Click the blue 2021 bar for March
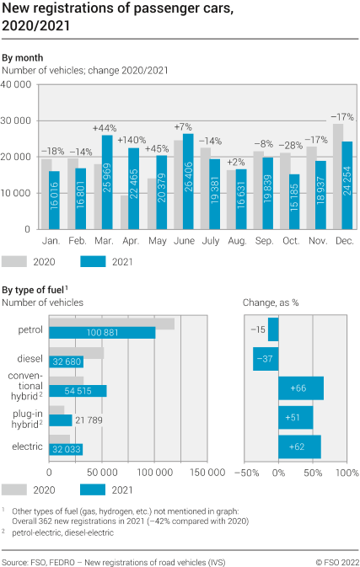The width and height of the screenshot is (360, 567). point(107,182)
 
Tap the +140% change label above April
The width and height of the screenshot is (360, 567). point(132,140)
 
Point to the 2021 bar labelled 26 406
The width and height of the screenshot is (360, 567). point(187,181)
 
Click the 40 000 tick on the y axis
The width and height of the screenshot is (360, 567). point(17,84)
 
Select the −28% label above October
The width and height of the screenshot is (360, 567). point(290,146)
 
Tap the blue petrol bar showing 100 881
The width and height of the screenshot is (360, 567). point(103,332)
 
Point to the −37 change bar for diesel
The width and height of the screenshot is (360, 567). point(266,359)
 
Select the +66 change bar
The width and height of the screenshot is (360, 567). point(301,388)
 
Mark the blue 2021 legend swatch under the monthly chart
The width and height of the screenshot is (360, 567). point(99,261)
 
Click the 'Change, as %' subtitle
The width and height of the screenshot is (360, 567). point(269,302)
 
